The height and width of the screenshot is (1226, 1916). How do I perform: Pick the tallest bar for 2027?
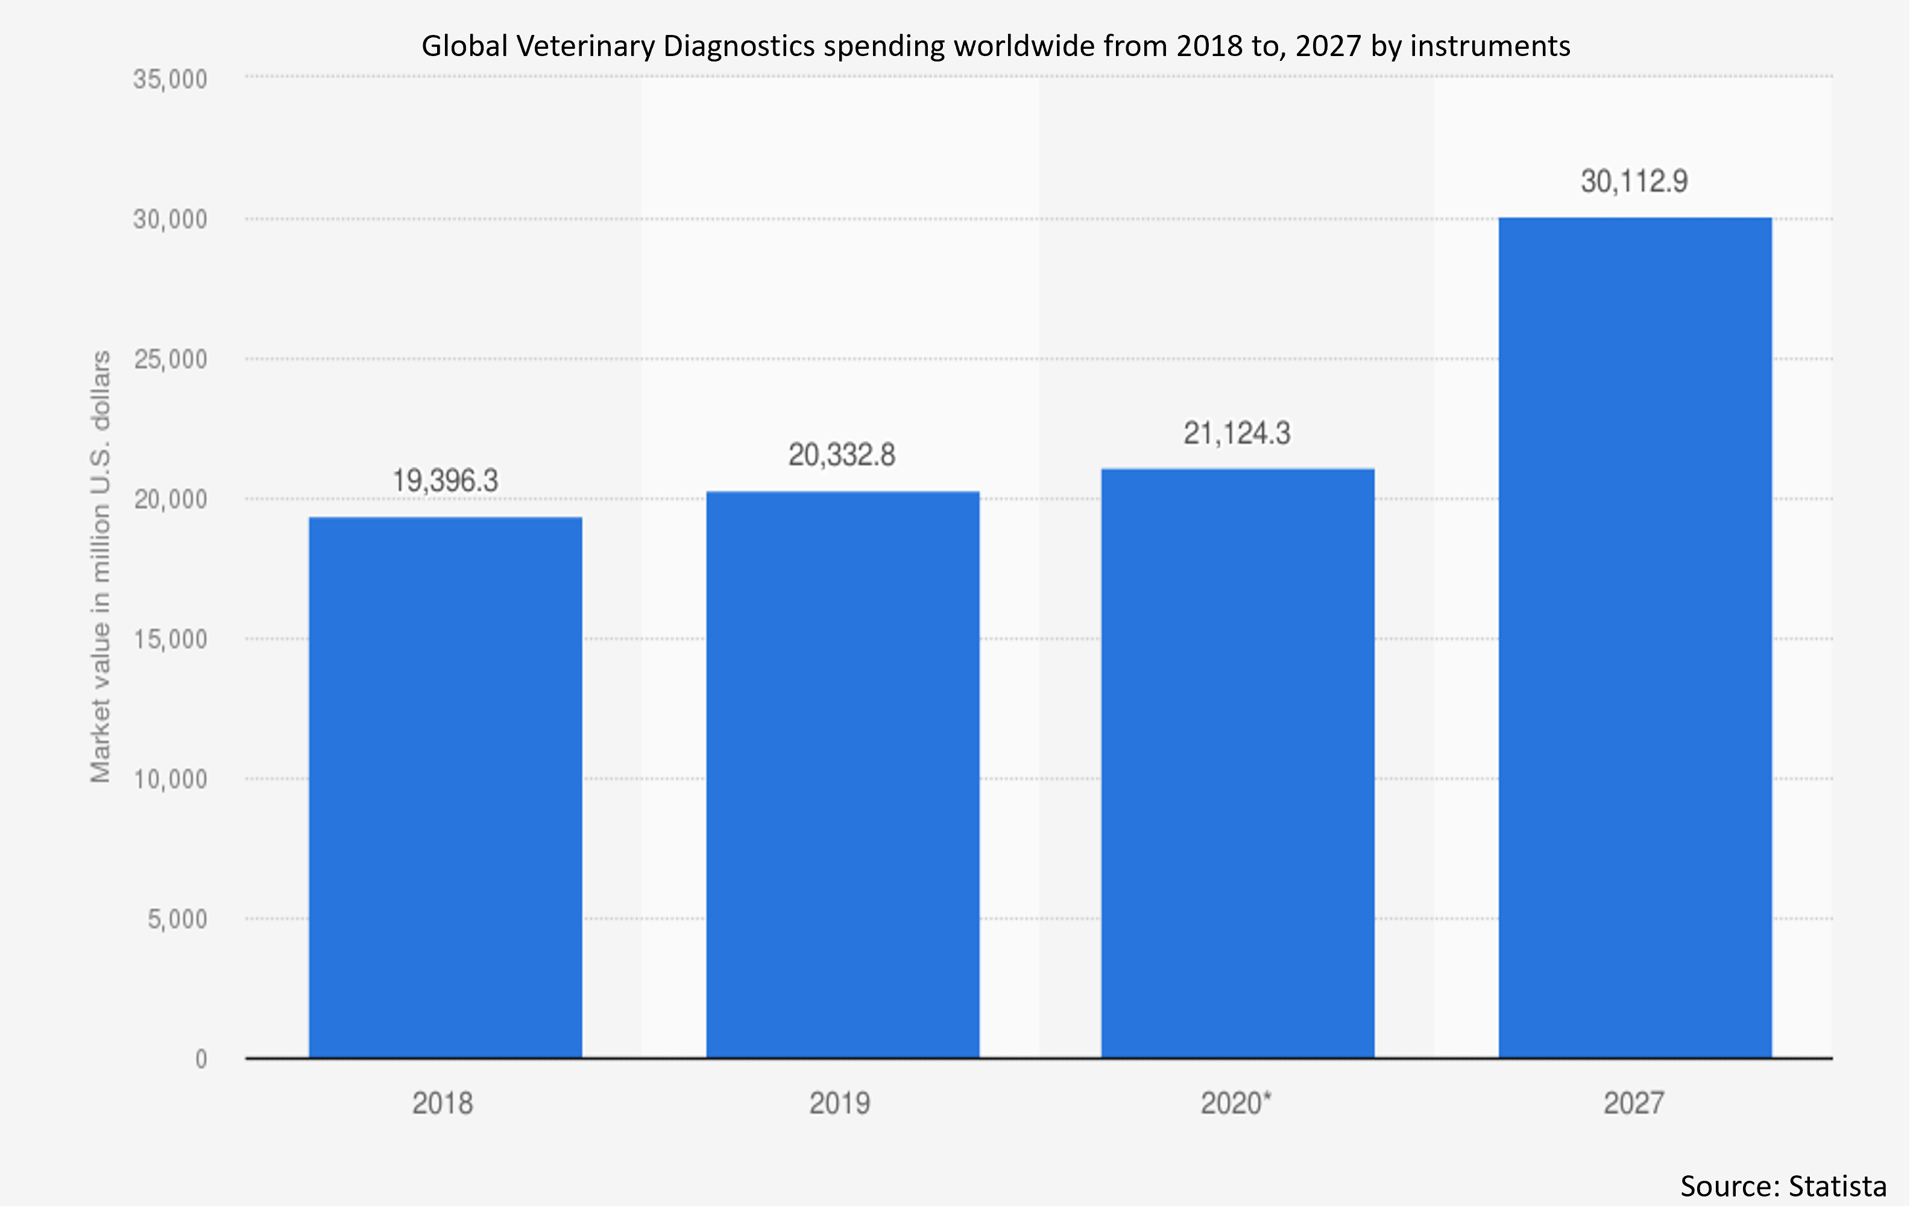[x=1635, y=637]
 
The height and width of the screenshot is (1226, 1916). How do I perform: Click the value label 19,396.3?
[x=445, y=481]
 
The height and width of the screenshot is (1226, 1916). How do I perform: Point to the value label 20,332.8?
[x=842, y=455]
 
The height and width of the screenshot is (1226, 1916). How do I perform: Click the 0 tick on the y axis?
[x=201, y=1059]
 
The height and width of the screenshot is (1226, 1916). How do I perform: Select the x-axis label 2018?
[x=443, y=1104]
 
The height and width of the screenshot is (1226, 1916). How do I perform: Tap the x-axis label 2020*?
[x=1236, y=1104]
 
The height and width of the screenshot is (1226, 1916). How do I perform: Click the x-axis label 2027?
[x=1634, y=1104]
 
